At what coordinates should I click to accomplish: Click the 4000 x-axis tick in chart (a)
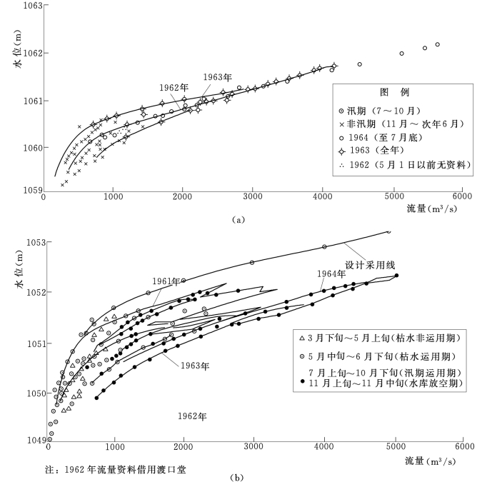pyautogui.click(x=323, y=196)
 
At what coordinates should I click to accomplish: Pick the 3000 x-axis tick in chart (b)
pyautogui.click(x=254, y=447)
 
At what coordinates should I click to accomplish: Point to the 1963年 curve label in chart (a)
pyautogui.click(x=217, y=77)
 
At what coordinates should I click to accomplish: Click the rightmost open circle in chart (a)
pyautogui.click(x=437, y=44)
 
